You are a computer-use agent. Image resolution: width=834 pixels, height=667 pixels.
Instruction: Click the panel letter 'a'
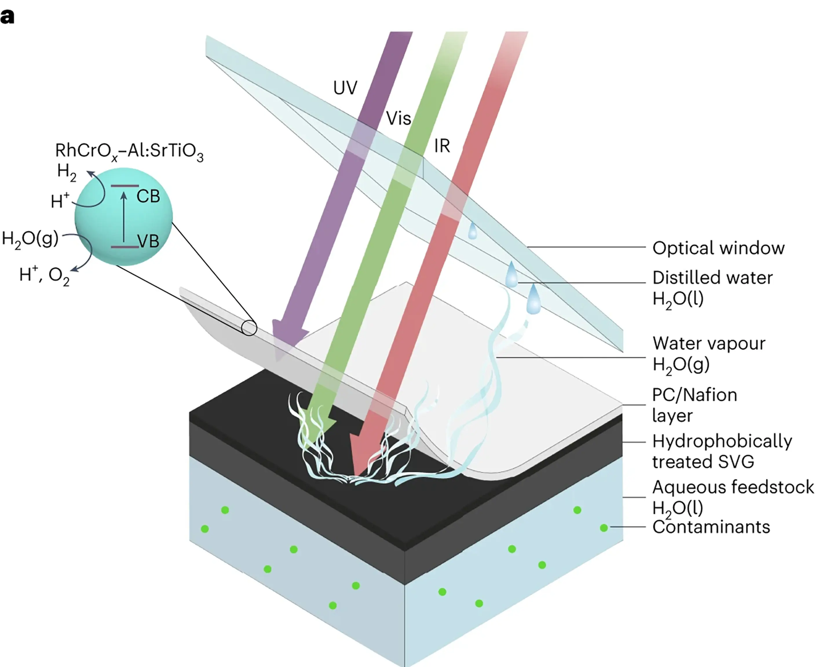7,17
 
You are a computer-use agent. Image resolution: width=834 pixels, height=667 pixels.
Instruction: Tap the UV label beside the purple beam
345,88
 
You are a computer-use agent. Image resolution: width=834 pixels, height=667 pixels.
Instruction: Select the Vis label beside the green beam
398,118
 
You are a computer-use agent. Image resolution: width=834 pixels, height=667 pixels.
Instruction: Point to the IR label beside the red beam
442,146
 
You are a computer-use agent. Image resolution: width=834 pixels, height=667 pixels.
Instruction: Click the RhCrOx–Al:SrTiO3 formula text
129,151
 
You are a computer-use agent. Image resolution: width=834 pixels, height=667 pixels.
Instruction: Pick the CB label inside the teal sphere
148,197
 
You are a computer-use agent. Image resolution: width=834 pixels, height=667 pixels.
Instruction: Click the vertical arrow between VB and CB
124,217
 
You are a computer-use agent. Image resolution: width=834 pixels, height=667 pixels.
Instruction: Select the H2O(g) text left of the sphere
30,239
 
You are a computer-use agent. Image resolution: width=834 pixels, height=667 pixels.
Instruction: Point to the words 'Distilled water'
713,278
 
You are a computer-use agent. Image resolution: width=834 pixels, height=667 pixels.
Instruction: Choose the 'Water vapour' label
709,343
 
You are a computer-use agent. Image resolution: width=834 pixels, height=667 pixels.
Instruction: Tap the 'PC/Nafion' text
695,395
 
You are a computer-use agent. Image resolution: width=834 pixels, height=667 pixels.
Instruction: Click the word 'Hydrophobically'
722,441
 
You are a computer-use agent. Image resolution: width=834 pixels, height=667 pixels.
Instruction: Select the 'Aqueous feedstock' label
733,487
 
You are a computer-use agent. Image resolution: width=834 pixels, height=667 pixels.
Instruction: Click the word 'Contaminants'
711,527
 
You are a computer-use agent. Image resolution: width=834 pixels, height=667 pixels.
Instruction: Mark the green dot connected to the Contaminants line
603,528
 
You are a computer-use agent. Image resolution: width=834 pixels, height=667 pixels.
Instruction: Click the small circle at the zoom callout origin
249,328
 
